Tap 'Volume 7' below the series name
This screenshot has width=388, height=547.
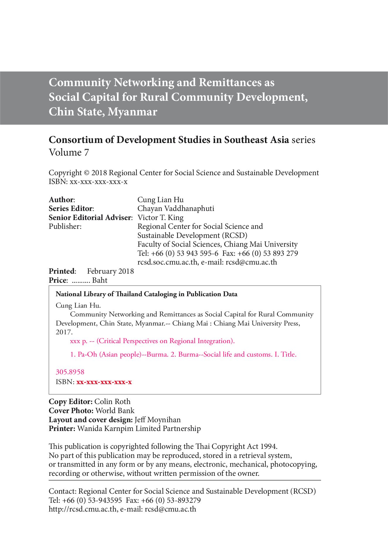pos(69,152)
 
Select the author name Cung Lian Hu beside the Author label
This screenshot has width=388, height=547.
pos(160,200)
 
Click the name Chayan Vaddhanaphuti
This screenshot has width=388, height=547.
pos(176,209)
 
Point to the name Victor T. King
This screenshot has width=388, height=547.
pos(160,218)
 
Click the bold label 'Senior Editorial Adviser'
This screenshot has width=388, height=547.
pos(90,218)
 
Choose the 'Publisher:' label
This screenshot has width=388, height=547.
pos(65,226)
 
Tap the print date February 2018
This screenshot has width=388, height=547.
pos(110,271)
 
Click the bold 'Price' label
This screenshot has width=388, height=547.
pos(58,280)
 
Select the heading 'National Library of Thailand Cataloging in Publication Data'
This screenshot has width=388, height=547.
pos(146,294)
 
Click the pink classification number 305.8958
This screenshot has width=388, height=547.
pos(70,372)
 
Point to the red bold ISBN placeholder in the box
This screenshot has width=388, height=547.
pos(104,382)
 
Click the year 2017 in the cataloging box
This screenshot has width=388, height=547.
pos(64,332)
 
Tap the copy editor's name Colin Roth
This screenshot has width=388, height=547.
pos(112,402)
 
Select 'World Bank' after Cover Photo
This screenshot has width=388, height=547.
pos(115,411)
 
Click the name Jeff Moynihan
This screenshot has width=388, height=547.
pos(157,420)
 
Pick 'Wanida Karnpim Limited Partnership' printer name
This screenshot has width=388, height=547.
pos(139,429)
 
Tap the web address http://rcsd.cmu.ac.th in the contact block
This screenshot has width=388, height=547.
pos(83,509)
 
